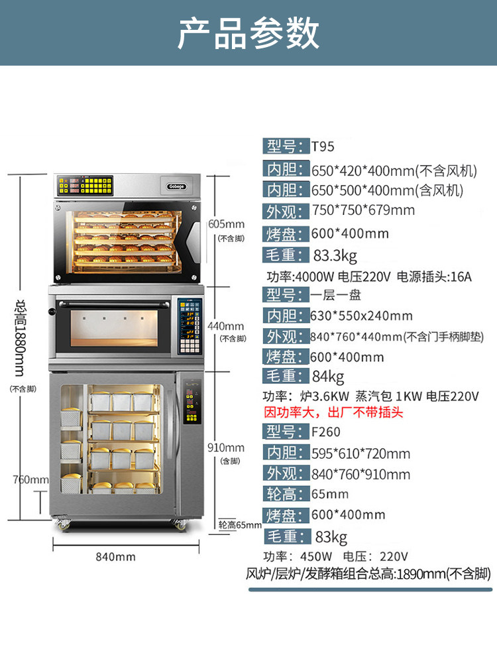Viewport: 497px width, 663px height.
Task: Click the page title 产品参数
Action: (248, 33)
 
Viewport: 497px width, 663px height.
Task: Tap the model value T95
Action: (323, 147)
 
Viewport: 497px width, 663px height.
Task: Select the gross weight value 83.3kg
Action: (335, 255)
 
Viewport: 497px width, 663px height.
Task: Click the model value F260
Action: (326, 432)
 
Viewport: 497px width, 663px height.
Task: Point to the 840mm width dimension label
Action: (116, 557)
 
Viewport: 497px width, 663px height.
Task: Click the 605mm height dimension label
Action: (225, 223)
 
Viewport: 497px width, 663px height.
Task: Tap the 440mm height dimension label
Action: (225, 326)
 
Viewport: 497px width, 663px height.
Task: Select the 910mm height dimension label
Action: (225, 448)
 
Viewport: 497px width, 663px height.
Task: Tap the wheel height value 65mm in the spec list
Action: (330, 494)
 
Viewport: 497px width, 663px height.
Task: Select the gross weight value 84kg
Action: (328, 377)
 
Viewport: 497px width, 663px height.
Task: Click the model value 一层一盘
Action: (338, 294)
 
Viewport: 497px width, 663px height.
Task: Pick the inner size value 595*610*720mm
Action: (361, 453)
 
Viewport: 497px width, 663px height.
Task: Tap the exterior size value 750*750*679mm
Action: (363, 211)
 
